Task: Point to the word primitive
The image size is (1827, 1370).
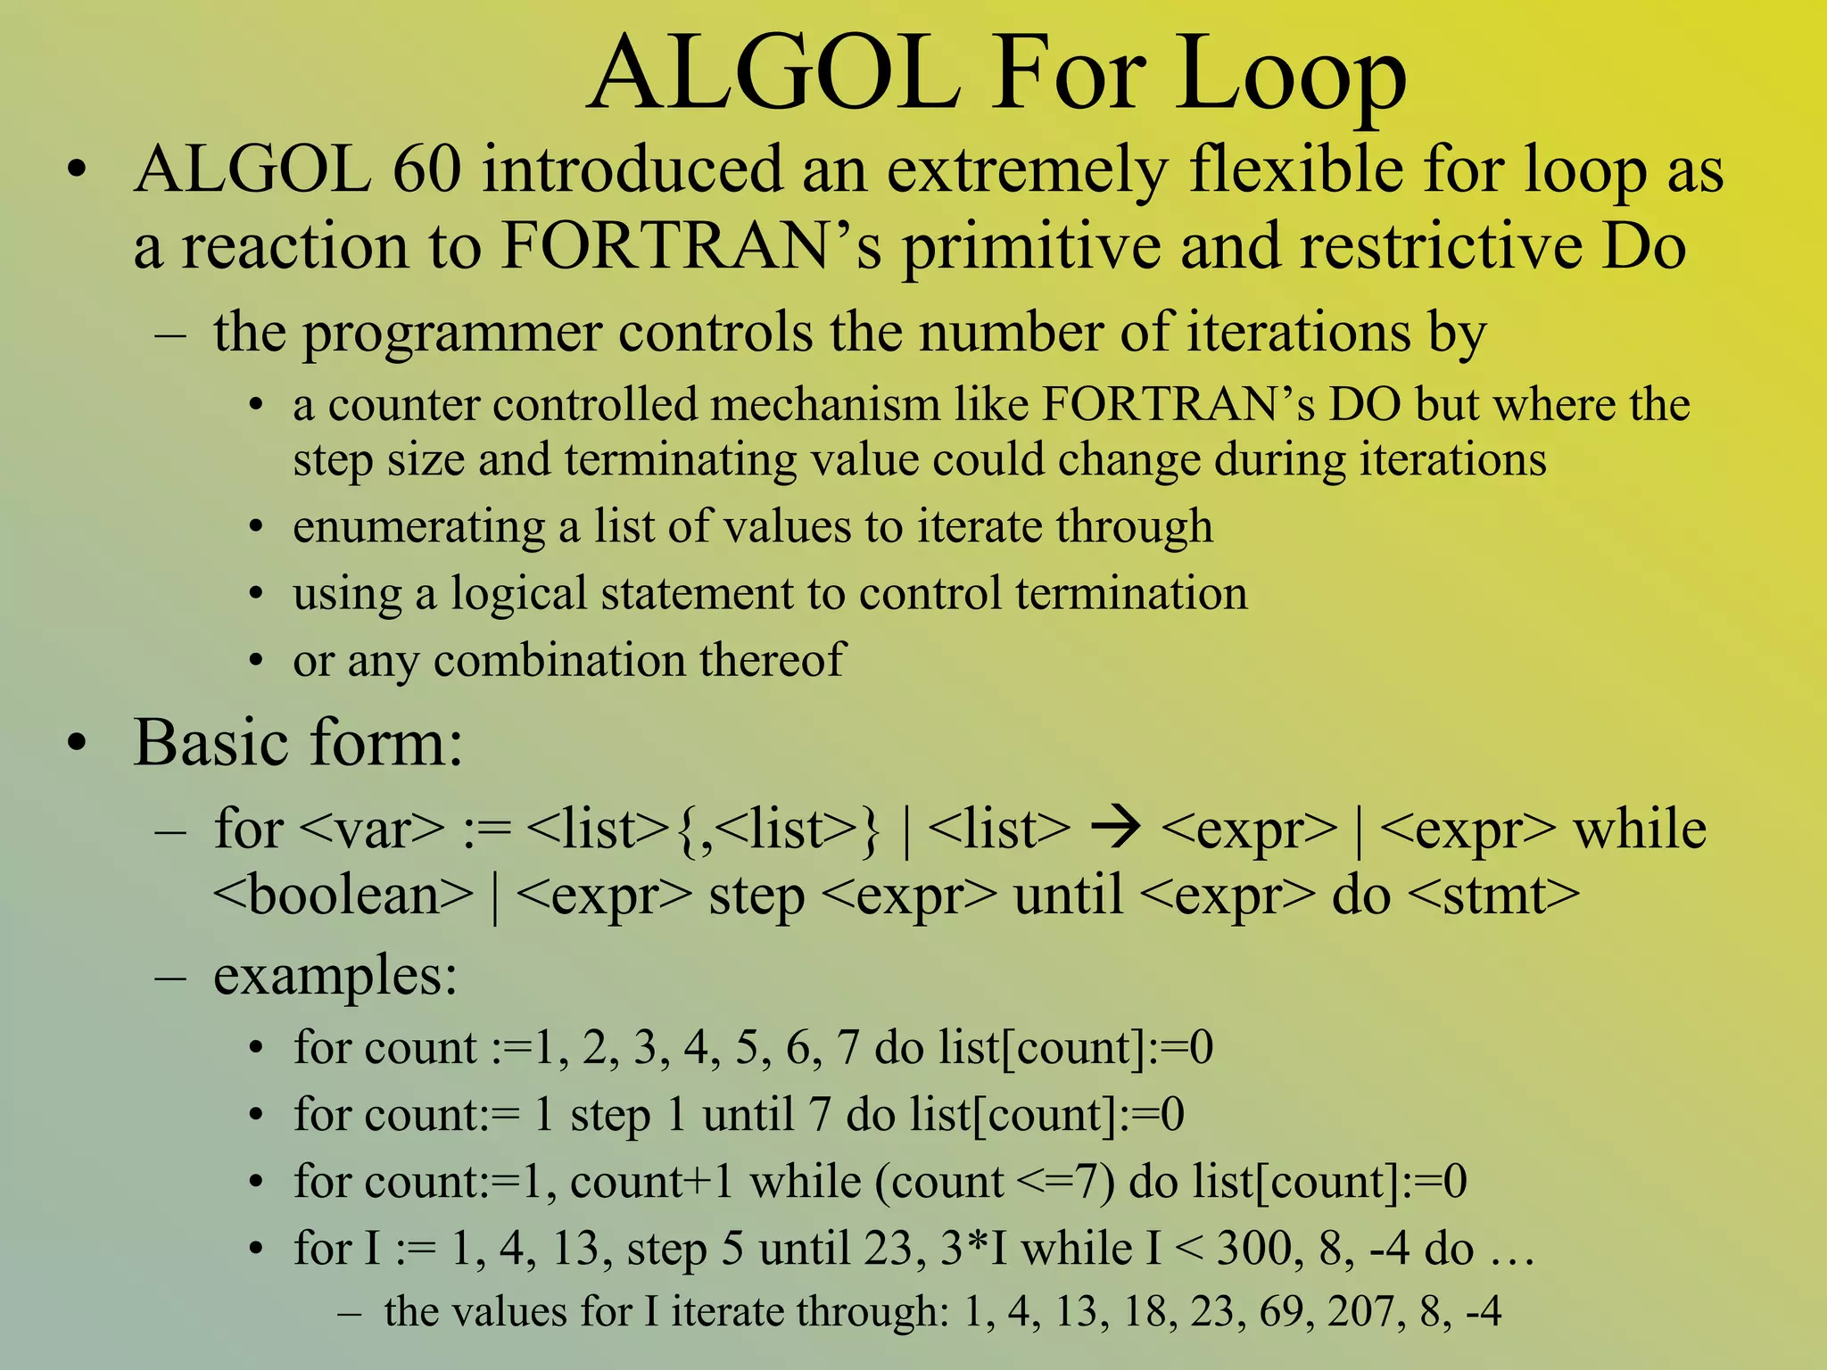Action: tap(1032, 247)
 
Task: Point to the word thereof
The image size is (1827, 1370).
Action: tap(771, 660)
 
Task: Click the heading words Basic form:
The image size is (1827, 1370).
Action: tap(298, 742)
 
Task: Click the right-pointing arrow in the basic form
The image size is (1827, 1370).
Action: tap(1115, 829)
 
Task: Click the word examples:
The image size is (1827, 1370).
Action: tap(335, 976)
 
